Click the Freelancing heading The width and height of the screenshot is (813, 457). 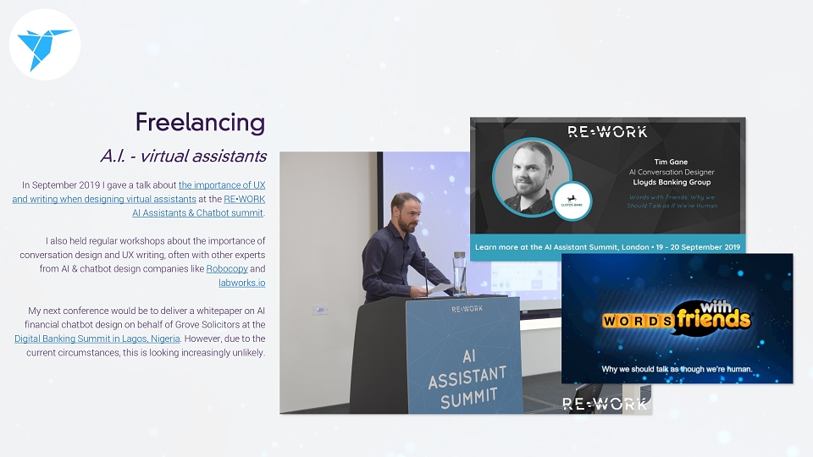pos(200,123)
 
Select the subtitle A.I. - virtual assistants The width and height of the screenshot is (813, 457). pos(184,156)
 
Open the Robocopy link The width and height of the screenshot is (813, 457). pos(227,268)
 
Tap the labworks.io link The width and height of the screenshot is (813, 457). pos(241,283)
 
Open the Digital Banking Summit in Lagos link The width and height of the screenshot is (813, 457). pos(97,339)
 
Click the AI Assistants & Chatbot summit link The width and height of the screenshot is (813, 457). pos(197,212)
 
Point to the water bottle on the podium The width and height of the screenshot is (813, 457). pos(459,273)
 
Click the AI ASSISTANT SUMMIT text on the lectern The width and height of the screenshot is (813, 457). pos(467,379)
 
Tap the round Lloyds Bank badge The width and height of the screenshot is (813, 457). pos(572,201)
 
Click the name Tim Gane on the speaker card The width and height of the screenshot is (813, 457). pos(671,162)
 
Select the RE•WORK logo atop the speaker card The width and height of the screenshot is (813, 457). pos(607,132)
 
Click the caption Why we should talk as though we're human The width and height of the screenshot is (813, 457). pos(677,369)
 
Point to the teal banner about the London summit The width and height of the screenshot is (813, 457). pos(608,246)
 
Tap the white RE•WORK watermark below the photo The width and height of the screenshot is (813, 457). pos(605,404)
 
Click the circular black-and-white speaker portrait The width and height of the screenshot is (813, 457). pos(532,177)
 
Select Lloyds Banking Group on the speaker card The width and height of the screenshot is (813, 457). pos(672,182)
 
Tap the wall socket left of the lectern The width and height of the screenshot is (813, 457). pos(320,310)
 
